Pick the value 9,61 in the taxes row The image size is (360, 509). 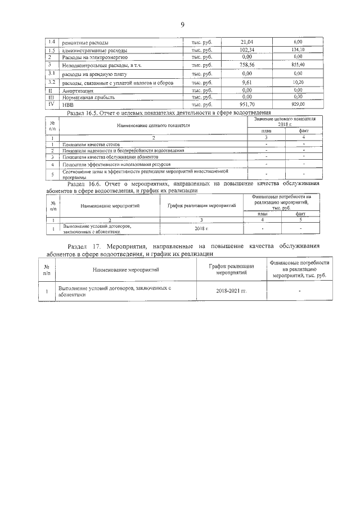point(246,82)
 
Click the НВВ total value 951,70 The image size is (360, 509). point(246,104)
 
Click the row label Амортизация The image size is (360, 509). point(78,90)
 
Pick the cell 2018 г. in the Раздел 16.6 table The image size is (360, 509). point(201,229)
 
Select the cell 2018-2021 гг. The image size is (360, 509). point(231,292)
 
